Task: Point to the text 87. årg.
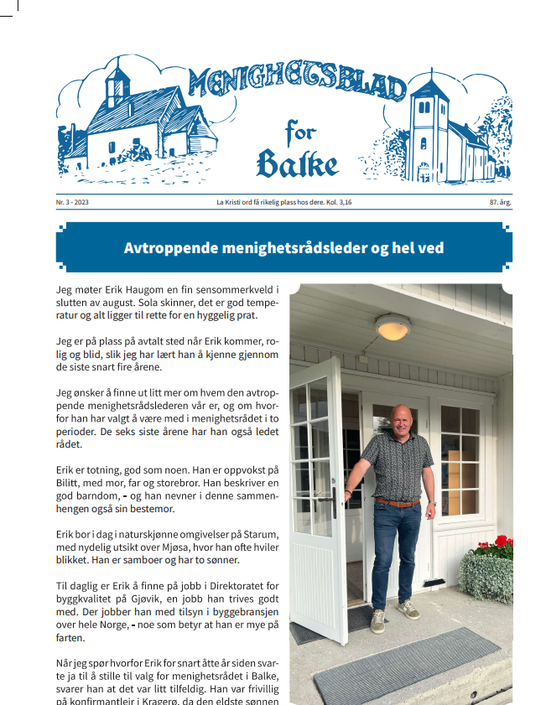pyautogui.click(x=501, y=203)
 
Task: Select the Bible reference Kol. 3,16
pyautogui.click(x=338, y=203)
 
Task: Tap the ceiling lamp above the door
pyautogui.click(x=393, y=326)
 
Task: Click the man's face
pyautogui.click(x=401, y=418)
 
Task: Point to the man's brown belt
pyautogui.click(x=397, y=503)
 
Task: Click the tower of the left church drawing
pyautogui.click(x=117, y=87)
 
